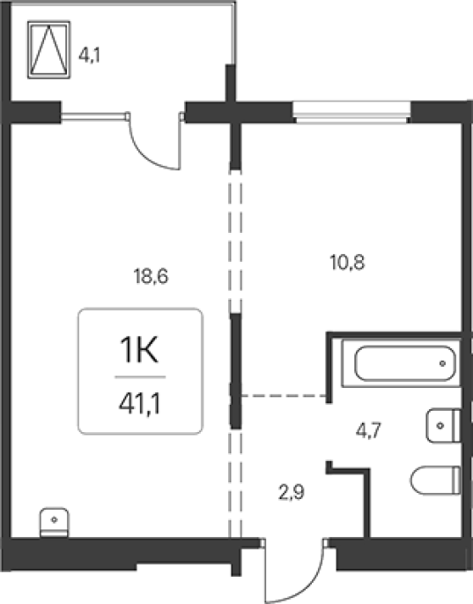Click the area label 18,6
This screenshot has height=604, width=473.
151,277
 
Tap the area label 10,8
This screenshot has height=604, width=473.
348,263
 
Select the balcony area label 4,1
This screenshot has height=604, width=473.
89,56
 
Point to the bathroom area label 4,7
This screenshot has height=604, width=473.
368,430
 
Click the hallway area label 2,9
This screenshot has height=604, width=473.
292,492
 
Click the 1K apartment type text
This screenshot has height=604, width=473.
139,350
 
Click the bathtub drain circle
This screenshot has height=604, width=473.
442,363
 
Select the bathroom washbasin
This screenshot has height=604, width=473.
444,426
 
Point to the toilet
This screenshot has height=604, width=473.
436,480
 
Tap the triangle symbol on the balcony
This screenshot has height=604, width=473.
48,49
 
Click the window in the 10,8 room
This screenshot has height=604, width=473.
351,112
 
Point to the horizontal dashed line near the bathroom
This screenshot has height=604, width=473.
284,396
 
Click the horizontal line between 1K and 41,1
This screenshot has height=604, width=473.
140,377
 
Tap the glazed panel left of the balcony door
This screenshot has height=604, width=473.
94,116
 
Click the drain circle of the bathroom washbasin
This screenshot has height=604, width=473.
440,426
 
